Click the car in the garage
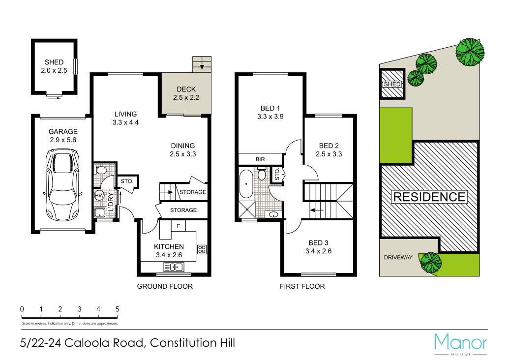[x=62, y=185]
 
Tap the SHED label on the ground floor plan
[x=54, y=62]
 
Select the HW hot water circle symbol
[x=99, y=196]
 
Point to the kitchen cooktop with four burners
[x=202, y=249]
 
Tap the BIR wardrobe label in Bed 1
[x=260, y=159]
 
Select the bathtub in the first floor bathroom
[x=245, y=185]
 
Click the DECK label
[x=186, y=89]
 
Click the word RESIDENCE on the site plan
[x=429, y=197]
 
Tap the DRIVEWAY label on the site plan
[x=398, y=257]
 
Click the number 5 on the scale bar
[x=117, y=309]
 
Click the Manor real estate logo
[x=460, y=343]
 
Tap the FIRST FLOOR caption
[x=302, y=286]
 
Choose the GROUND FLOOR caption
[x=164, y=286]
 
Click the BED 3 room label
[x=318, y=243]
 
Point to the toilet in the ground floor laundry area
[x=101, y=170]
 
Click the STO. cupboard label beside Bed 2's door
[x=277, y=174]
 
